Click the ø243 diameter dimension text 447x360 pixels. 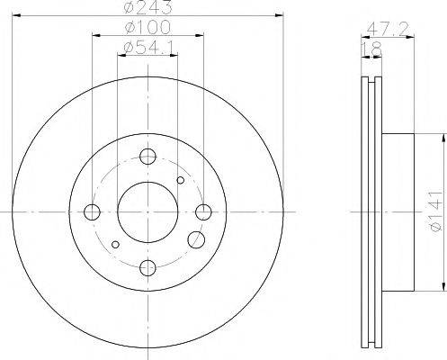[x=147, y=9]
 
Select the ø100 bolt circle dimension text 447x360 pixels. [x=147, y=28]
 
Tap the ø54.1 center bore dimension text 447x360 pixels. [x=147, y=47]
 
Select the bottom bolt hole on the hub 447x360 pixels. [x=148, y=268]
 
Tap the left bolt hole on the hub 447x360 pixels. [x=92, y=212]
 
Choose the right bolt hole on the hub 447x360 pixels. [x=204, y=212]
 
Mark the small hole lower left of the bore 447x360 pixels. [x=115, y=244]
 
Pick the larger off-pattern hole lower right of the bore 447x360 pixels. [x=195, y=240]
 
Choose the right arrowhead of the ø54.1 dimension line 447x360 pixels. [x=174, y=55]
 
